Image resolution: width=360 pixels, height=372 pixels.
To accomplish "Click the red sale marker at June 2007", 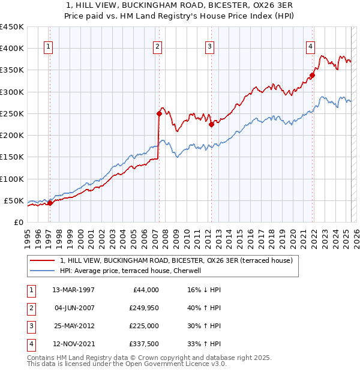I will [159, 113].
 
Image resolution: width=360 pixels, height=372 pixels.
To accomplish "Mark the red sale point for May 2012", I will [211, 124].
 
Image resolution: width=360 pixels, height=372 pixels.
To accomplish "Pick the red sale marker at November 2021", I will [312, 76].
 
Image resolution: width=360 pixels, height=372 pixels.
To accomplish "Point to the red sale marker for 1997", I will [50, 203].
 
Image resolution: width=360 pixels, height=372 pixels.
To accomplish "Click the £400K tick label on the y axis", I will [12, 49].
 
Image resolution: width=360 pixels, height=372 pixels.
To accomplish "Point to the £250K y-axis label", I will [12, 113].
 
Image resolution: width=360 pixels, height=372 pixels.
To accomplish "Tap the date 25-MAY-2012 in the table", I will [74, 326].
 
